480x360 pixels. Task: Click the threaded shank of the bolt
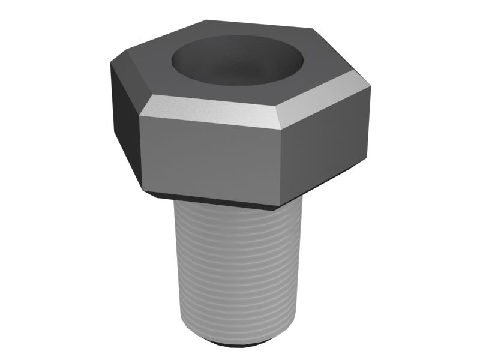tap(237, 270)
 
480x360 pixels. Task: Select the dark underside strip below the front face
tap(210, 201)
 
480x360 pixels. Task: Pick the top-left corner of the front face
tap(140, 115)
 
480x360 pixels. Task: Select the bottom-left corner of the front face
tap(143, 191)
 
